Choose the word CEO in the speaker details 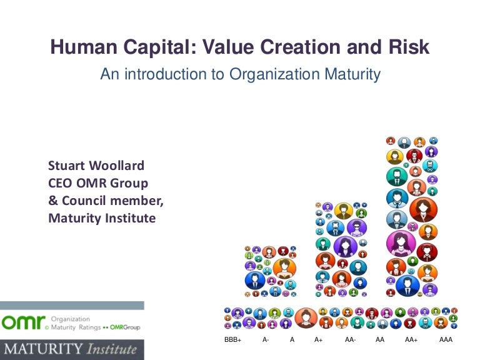61,184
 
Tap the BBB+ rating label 232,339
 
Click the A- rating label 266,339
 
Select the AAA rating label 446,339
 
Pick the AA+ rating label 411,339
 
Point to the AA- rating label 350,339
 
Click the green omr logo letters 22,322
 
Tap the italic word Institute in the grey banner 107,349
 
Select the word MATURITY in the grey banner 39,349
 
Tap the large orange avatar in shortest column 284,267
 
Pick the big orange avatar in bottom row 306,317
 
